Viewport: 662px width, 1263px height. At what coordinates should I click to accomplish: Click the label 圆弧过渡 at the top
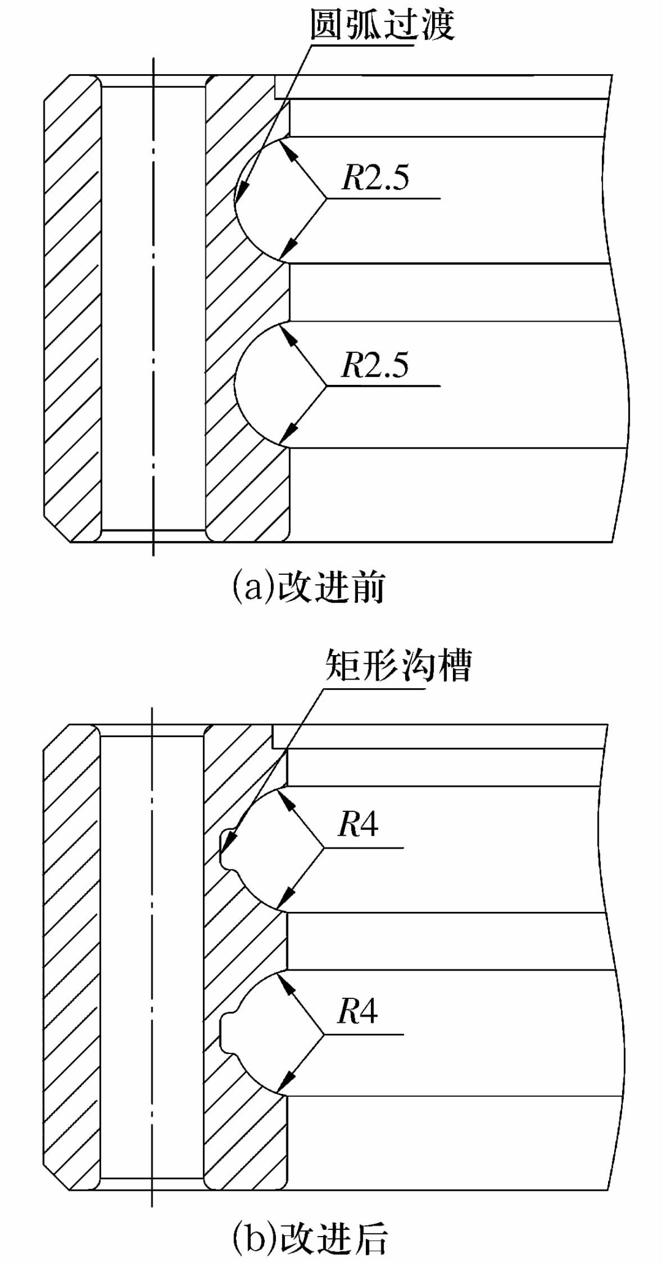coord(382,25)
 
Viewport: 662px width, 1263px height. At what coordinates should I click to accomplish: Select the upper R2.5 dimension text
coord(375,178)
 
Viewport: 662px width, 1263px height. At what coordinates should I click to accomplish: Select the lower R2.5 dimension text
coord(375,365)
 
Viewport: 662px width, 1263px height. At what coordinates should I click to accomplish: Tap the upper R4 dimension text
coord(359,824)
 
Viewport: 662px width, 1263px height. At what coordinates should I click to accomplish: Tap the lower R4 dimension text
coord(359,1011)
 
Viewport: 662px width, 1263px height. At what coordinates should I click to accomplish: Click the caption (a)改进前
coord(308,587)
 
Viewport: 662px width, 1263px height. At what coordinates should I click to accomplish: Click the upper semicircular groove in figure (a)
coord(261,199)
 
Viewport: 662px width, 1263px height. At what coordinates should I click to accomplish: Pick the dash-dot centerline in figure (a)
coord(153,306)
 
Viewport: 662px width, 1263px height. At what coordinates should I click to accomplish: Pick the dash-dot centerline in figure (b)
coord(152,956)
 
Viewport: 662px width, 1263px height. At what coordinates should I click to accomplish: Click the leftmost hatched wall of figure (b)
coord(71,956)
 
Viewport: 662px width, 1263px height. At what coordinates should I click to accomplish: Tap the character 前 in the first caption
coord(367,587)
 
